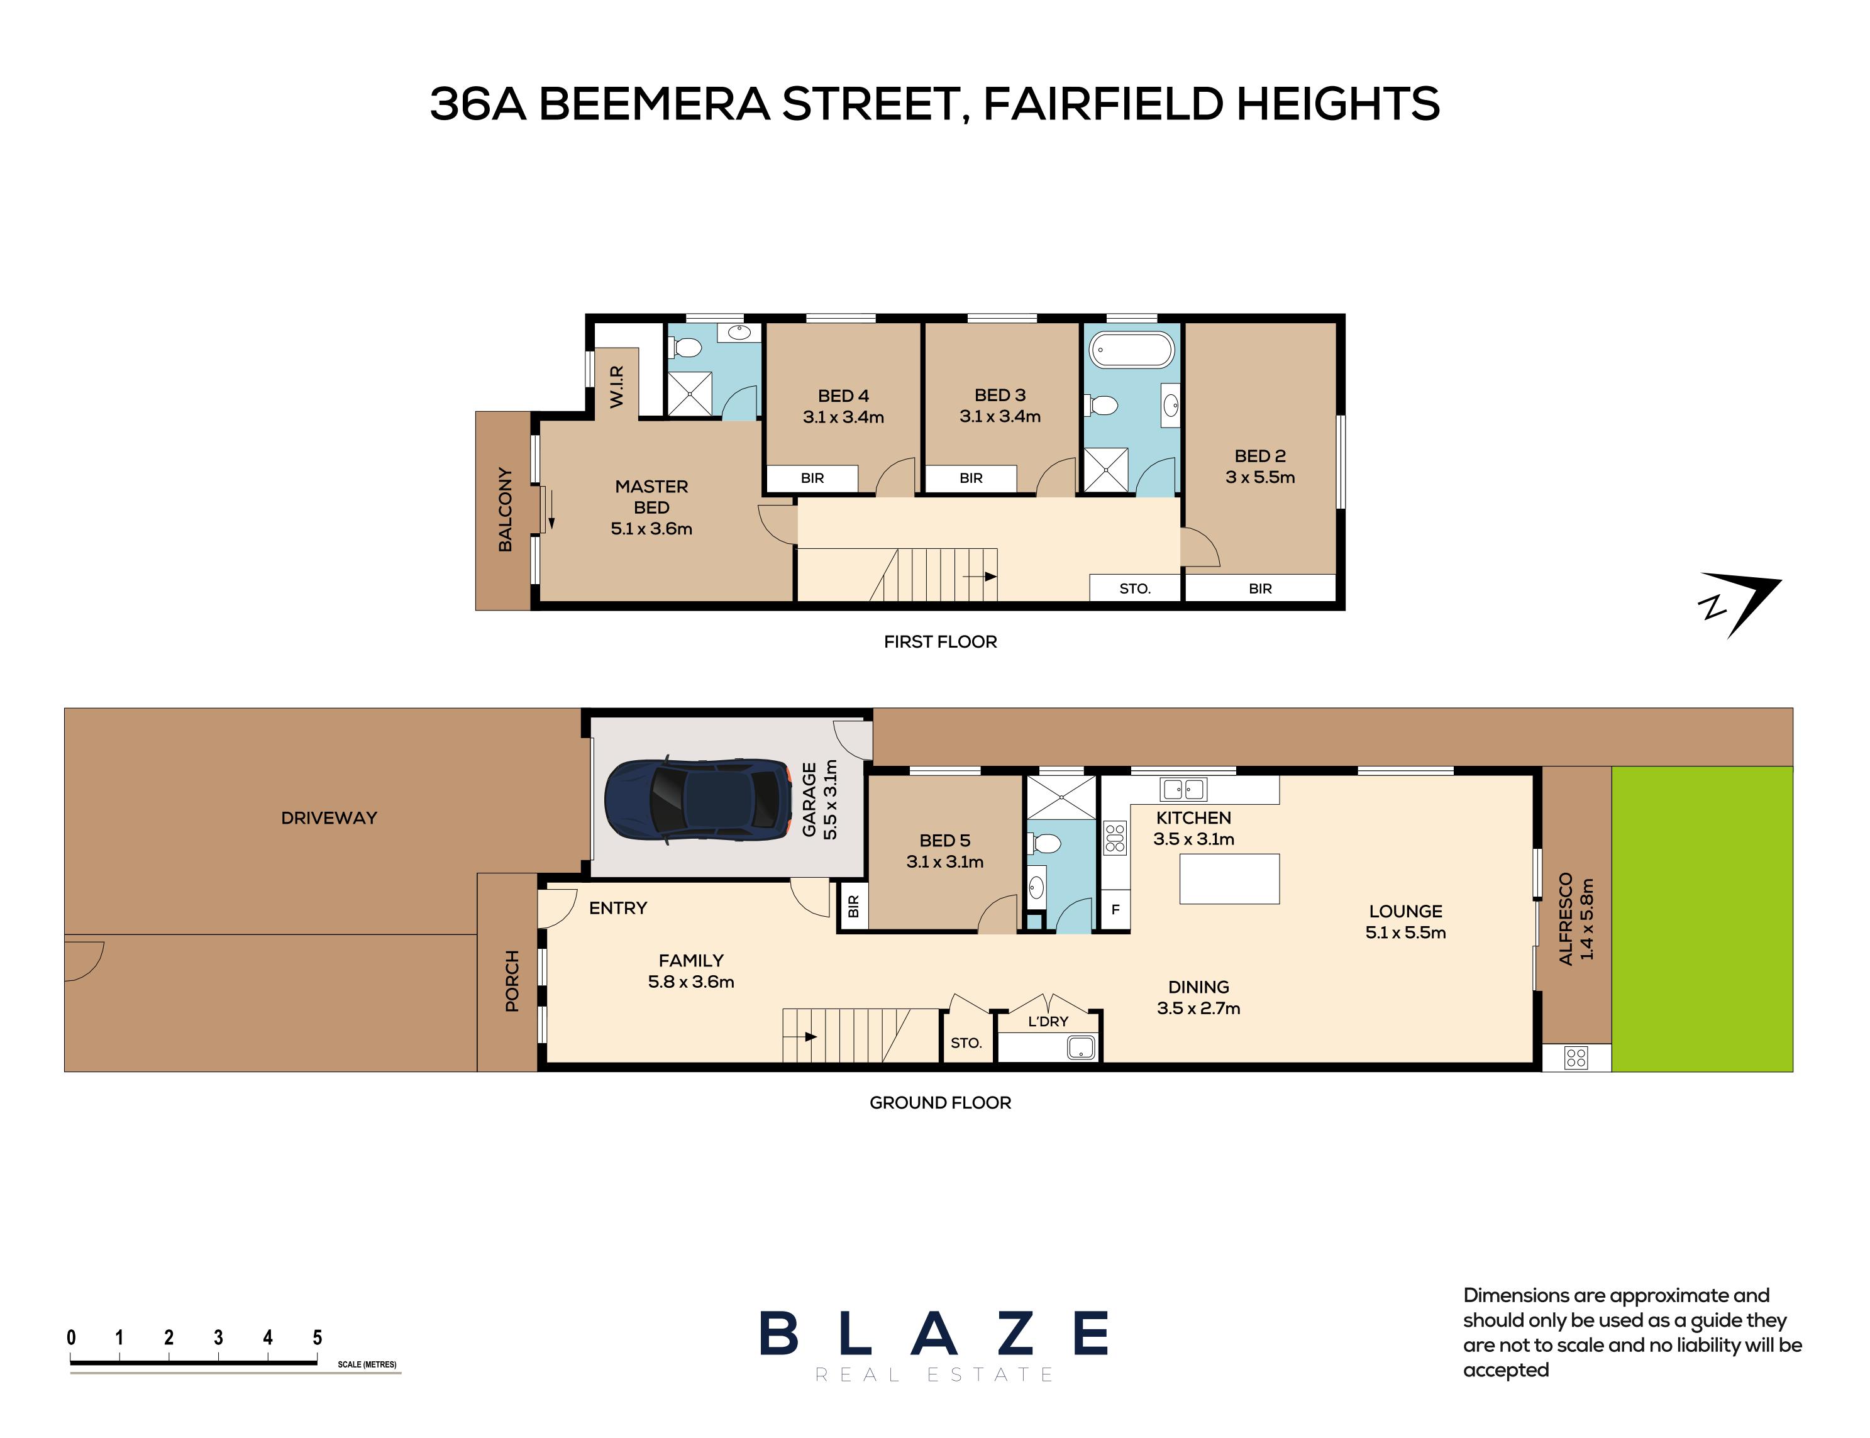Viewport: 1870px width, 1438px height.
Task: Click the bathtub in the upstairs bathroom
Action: [x=1131, y=350]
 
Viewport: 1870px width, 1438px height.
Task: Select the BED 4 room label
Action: [x=843, y=395]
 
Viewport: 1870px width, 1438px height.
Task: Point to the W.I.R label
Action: [x=616, y=386]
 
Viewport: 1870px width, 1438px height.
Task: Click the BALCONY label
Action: [x=505, y=509]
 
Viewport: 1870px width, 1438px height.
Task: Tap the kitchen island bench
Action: [x=1229, y=878]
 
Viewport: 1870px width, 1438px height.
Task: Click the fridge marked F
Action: [x=1115, y=910]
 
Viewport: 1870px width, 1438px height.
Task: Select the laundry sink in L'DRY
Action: [x=1080, y=1047]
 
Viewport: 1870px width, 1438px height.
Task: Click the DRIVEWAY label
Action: [x=329, y=817]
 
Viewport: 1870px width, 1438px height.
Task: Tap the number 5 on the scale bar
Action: [x=318, y=1337]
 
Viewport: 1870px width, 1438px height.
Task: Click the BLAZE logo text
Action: [x=934, y=1334]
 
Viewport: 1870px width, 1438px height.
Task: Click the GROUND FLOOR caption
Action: [x=939, y=1102]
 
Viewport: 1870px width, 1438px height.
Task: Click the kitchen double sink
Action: [x=1183, y=788]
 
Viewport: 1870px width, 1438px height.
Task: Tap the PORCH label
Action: [x=512, y=981]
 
